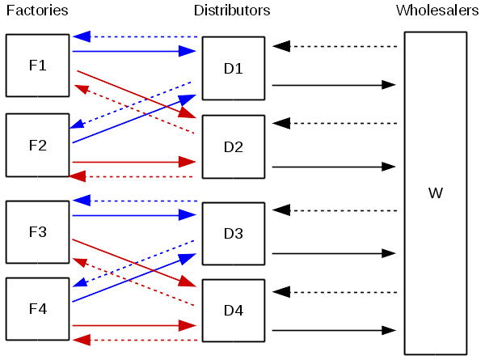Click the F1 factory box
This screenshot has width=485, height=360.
point(37,65)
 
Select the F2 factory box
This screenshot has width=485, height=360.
point(37,146)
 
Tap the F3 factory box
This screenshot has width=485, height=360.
point(37,232)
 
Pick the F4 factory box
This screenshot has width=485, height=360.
point(37,309)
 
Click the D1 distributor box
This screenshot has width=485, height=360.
point(234,69)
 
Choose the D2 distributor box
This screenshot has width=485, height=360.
point(234,147)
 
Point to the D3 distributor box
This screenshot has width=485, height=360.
point(234,234)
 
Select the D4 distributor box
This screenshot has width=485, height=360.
point(234,311)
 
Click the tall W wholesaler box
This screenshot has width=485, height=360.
point(436,193)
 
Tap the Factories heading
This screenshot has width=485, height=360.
point(37,11)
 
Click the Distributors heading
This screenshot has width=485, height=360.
point(232,11)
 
